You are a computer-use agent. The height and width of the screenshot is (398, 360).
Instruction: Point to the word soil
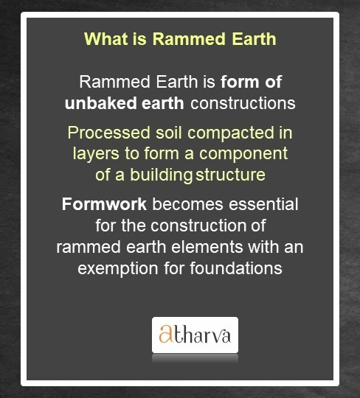(167, 135)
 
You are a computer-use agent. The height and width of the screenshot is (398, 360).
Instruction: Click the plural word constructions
(243, 102)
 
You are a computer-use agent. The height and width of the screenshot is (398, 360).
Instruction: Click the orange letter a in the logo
(166, 336)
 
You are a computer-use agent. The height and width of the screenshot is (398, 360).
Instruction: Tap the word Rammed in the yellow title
(181, 38)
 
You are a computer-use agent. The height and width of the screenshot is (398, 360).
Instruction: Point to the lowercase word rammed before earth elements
(86, 245)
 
